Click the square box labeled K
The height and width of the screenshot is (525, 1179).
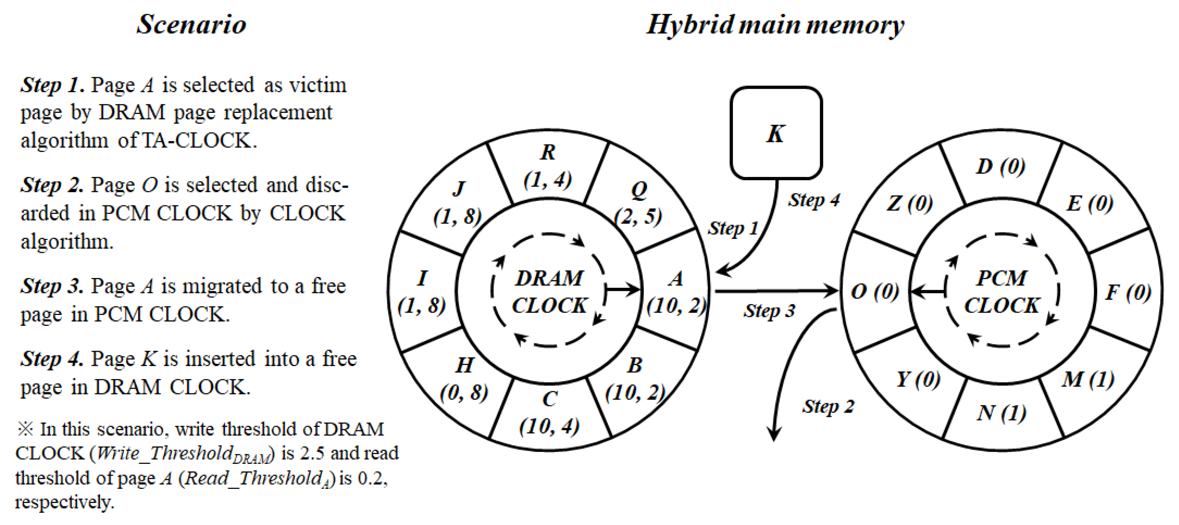(x=776, y=133)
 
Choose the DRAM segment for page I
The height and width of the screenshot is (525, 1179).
(x=422, y=292)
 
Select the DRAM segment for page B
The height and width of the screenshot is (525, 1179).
(x=635, y=380)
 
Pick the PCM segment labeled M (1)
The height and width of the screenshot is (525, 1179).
(x=1088, y=380)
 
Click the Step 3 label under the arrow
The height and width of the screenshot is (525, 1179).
(x=769, y=311)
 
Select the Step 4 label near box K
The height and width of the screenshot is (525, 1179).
(x=814, y=200)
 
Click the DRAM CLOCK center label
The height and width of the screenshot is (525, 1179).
(x=549, y=292)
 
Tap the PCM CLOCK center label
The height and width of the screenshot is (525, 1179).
(x=1002, y=292)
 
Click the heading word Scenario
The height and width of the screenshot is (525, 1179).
(x=191, y=25)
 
